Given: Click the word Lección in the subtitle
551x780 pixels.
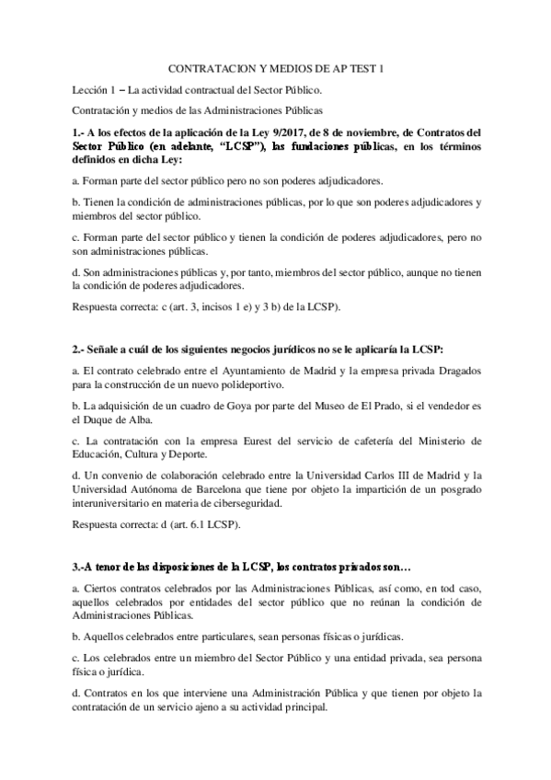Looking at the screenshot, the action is click(92, 90).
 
